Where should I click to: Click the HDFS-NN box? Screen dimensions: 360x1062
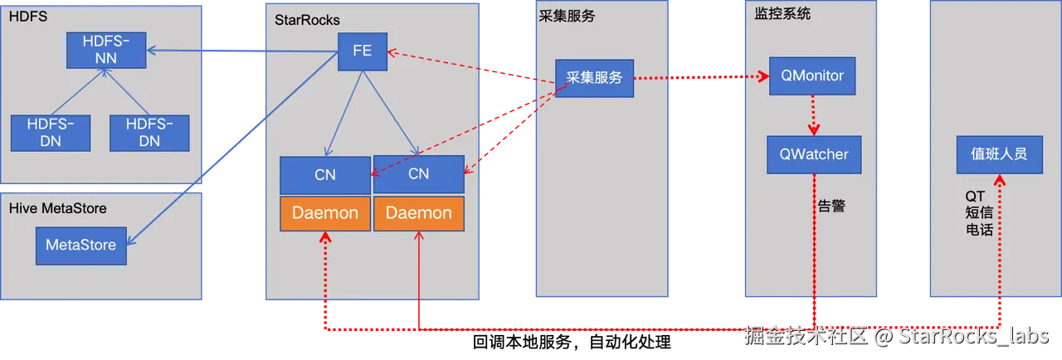pyautogui.click(x=105, y=50)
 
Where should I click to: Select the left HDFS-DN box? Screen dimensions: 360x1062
pyautogui.click(x=50, y=133)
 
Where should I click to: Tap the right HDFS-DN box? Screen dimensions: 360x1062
pyautogui.click(x=149, y=133)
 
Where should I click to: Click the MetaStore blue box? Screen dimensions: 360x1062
pyautogui.click(x=80, y=246)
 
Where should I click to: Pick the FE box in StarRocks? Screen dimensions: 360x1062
pyautogui.click(x=362, y=51)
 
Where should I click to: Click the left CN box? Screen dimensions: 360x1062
pyautogui.click(x=324, y=175)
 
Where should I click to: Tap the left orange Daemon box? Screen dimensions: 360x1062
pyautogui.click(x=324, y=213)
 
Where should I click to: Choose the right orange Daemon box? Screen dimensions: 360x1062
pyautogui.click(x=418, y=213)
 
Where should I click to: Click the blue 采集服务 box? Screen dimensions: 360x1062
pyautogui.click(x=594, y=77)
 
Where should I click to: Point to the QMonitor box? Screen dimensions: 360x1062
pyautogui.click(x=812, y=76)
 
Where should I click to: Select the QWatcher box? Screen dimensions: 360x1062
pyautogui.click(x=813, y=154)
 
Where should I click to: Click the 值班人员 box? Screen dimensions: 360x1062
pyautogui.click(x=999, y=154)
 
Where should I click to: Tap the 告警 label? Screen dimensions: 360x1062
pyautogui.click(x=831, y=207)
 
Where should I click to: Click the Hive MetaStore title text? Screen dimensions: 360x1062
pyautogui.click(x=57, y=208)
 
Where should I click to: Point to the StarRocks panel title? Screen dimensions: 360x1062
pyautogui.click(x=307, y=20)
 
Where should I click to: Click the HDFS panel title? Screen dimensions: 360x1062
pyautogui.click(x=27, y=17)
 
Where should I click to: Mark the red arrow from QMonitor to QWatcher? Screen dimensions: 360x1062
pyautogui.click(x=813, y=116)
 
